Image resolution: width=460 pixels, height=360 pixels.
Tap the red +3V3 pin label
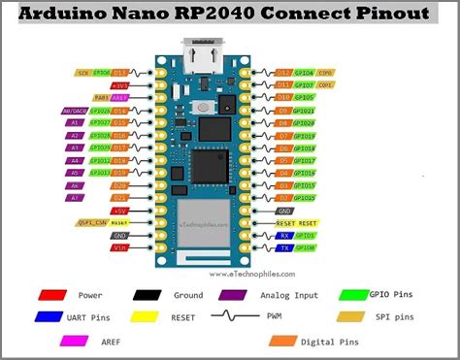pos(119,85)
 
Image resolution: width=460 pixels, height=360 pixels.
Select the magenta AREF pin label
pos(119,98)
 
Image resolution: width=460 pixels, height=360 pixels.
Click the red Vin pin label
pos(119,247)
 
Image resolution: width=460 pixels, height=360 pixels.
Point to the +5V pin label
pos(119,210)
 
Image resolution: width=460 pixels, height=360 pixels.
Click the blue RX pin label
pos(284,235)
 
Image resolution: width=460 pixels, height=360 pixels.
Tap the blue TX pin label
pos(284,247)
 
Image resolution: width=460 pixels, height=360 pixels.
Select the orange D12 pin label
pos(284,73)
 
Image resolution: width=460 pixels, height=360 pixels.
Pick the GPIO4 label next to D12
pos(305,73)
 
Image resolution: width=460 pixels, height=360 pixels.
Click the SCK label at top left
pos(84,73)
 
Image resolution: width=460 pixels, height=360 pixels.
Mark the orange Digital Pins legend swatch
pos(284,340)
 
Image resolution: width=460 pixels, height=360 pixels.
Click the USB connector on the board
pos(203,59)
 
